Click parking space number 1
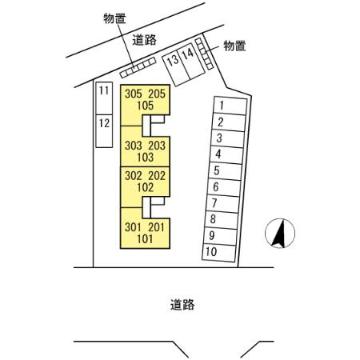[230, 106]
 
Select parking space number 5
[225, 170]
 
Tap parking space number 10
[219, 252]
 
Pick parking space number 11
[104, 98]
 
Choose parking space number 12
[104, 131]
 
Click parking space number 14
[191, 61]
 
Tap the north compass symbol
[280, 234]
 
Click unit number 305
[134, 94]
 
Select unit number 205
[157, 94]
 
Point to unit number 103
[145, 157]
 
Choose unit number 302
[134, 176]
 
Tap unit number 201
[157, 227]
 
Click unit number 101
[145, 239]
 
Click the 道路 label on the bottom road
[182, 305]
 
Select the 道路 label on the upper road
[144, 40]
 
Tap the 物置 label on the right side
[234, 46]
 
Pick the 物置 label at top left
[114, 18]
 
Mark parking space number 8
[222, 219]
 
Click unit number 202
[157, 176]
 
